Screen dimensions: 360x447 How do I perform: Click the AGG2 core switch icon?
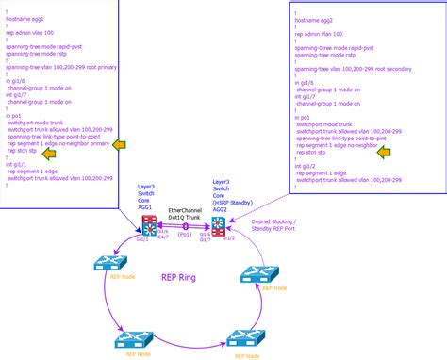(x=219, y=225)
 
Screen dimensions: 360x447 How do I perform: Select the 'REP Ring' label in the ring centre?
(x=183, y=279)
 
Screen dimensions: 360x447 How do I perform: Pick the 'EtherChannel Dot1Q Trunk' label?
(x=185, y=212)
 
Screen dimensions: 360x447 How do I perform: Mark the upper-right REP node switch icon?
(x=259, y=274)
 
